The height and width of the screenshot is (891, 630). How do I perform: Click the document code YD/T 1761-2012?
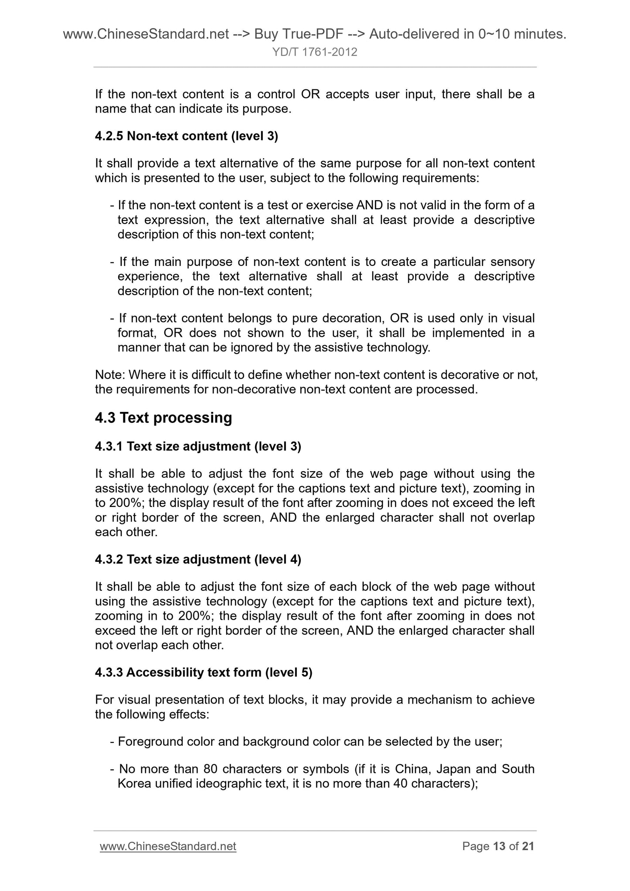pyautogui.click(x=315, y=52)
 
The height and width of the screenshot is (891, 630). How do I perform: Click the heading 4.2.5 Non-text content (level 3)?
pyautogui.click(x=186, y=136)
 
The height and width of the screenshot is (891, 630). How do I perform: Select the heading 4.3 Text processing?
pyautogui.click(x=163, y=418)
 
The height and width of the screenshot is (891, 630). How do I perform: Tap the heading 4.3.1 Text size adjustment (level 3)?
pyautogui.click(x=198, y=446)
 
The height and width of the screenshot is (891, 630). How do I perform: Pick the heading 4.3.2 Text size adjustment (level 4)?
pyautogui.click(x=198, y=559)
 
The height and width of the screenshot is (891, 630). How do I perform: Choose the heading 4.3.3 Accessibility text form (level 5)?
pyautogui.click(x=204, y=673)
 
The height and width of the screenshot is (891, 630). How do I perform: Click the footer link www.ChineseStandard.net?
pyautogui.click(x=168, y=846)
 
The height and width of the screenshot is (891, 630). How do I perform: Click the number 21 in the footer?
pyautogui.click(x=528, y=846)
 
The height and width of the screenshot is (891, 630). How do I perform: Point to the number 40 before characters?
pyautogui.click(x=400, y=783)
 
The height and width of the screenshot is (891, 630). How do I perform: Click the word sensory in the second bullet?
pyautogui.click(x=512, y=262)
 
